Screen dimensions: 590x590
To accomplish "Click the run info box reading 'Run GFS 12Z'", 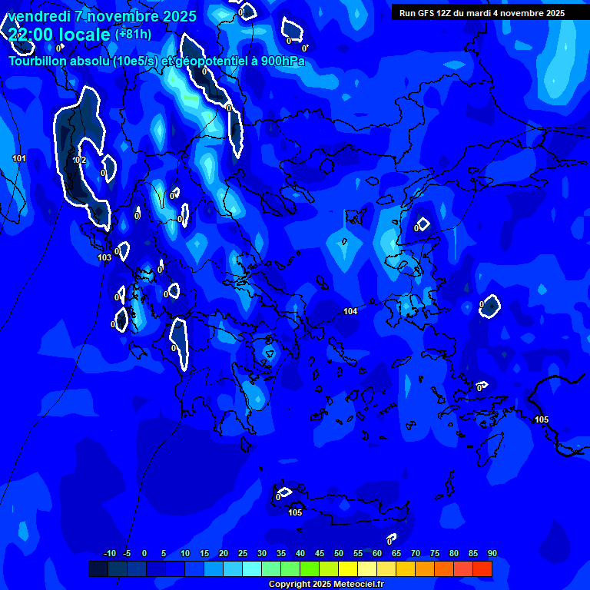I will (482, 13).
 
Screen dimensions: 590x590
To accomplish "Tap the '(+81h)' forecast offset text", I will (133, 34).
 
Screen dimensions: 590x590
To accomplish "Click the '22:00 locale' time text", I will (59, 34).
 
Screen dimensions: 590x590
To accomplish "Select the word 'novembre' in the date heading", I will (119, 15).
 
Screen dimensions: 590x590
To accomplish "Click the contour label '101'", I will (19, 158).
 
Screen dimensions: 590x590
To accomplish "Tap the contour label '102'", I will (80, 160).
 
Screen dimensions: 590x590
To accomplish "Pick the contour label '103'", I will (104, 257).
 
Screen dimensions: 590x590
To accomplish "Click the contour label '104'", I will (350, 311).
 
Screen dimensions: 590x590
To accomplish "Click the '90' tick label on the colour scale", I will (492, 553).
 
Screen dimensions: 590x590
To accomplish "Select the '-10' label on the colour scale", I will (109, 553).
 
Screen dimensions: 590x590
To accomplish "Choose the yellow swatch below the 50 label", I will (347, 568).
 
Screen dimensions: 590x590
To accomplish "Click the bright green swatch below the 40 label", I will (309, 568).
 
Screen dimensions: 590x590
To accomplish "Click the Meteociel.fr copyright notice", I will (326, 585).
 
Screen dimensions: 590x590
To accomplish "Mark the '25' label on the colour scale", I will (242, 553).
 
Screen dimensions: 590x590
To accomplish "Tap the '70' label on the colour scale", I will (415, 553).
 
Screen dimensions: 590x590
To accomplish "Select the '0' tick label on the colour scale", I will (144, 553).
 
